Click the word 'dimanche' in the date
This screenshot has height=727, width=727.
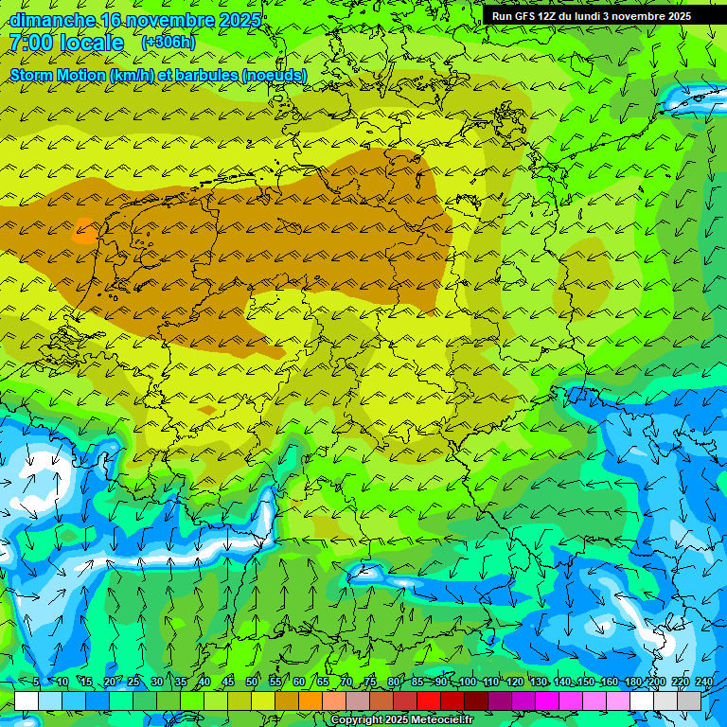[x=47, y=20]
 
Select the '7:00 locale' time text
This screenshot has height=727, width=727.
[x=66, y=43]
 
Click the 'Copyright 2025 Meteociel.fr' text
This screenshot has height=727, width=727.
[x=402, y=720]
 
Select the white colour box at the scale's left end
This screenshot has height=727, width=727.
[x=27, y=701]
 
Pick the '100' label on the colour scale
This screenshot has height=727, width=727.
[x=468, y=683]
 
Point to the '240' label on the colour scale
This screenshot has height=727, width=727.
[x=704, y=683]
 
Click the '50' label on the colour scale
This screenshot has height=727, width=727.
[x=252, y=683]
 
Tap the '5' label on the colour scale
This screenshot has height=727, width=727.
[x=36, y=683]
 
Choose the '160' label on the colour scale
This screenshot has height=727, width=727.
[x=610, y=683]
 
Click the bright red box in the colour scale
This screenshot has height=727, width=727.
[x=429, y=701]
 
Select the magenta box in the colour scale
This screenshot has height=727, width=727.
[x=547, y=701]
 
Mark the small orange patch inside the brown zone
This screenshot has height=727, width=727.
[x=85, y=230]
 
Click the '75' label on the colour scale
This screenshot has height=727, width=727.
[x=370, y=683]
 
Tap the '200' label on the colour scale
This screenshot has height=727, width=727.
[x=657, y=683]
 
